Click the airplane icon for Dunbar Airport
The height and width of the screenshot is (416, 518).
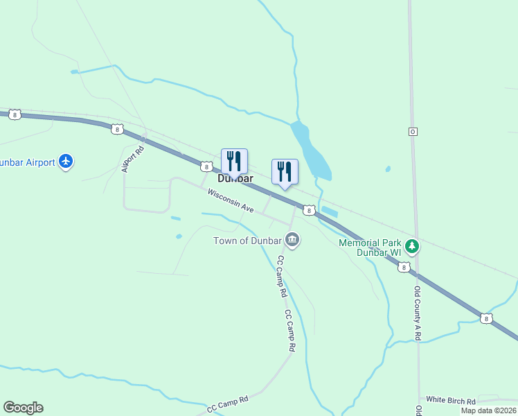[x=66, y=162]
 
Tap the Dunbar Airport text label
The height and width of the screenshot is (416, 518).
[x=26, y=162]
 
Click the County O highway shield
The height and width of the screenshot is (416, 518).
[x=413, y=131]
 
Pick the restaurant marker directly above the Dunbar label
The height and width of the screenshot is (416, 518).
[x=234, y=161]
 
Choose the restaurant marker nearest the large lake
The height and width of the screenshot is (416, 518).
[x=285, y=171]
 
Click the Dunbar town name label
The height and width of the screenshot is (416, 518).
[x=235, y=178]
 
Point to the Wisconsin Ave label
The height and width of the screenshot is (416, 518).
[x=231, y=200]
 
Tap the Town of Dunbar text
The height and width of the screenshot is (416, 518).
[x=247, y=241]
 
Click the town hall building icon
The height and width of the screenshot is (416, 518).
[x=292, y=241]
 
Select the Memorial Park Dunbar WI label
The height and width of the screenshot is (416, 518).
[x=370, y=248]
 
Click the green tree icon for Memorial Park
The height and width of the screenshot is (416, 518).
[x=412, y=246]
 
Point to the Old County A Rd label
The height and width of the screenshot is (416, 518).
[x=418, y=312]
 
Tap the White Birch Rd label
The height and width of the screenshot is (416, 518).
[x=451, y=400]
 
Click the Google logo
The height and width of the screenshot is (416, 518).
[x=23, y=408]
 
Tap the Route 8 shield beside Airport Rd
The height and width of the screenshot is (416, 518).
[x=117, y=129]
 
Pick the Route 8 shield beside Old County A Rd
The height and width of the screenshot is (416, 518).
[x=404, y=267]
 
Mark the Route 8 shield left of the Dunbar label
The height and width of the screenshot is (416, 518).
[x=206, y=166]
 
